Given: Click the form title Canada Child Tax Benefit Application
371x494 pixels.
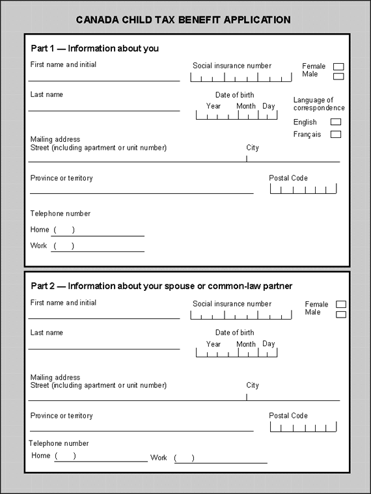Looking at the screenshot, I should click(184, 20).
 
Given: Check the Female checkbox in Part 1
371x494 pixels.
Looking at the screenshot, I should click(338, 66).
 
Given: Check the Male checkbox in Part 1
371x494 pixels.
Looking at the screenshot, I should click(338, 76).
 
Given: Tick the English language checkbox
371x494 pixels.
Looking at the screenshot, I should click(336, 122).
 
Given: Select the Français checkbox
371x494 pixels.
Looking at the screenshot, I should click(336, 135).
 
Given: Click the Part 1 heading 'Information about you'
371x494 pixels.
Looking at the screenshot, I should click(95, 49).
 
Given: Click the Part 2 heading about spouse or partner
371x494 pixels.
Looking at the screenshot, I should click(162, 286).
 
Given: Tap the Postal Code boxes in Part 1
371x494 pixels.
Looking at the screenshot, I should click(303, 189).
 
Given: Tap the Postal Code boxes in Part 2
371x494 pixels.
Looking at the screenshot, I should click(303, 427).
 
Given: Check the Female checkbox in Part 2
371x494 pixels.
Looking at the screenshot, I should click(341, 305).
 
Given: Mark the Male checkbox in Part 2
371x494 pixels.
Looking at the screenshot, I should click(341, 314).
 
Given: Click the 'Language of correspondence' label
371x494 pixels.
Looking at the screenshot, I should click(319, 104).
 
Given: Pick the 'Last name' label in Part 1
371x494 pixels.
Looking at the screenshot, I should click(47, 95).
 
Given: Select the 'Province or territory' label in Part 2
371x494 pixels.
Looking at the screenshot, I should click(62, 416).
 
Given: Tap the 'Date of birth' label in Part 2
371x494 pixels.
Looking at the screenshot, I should click(235, 333).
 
